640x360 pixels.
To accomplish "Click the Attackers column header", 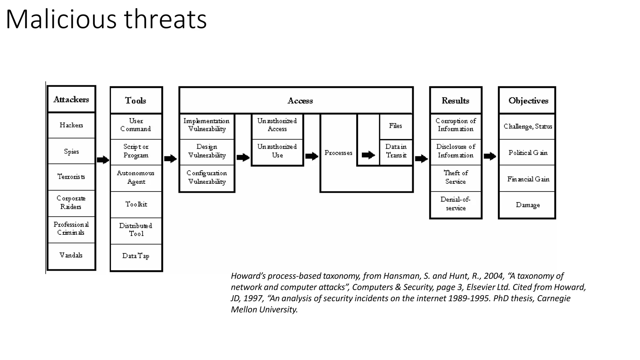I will (71, 99).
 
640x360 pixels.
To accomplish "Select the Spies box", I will (71, 151).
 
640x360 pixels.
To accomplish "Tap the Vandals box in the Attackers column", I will (71, 255).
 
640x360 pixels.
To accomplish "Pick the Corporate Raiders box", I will (71, 202).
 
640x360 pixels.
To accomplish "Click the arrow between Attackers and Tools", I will (103, 160).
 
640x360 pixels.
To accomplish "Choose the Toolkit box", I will (136, 204).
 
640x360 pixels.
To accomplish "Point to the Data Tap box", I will (136, 256).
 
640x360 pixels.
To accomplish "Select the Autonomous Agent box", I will (136, 177).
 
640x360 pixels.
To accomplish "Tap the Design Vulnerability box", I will (207, 151).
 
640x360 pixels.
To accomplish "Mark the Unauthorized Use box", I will (277, 151).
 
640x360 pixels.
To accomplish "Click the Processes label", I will (338, 153).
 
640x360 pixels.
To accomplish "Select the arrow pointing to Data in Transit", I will (368, 155).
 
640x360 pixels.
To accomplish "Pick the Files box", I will (396, 126).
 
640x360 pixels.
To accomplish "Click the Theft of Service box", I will (456, 177).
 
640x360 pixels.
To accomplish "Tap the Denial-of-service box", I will (456, 204).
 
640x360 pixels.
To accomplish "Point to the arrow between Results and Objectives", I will (490, 156).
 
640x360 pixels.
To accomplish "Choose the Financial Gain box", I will (528, 179).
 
